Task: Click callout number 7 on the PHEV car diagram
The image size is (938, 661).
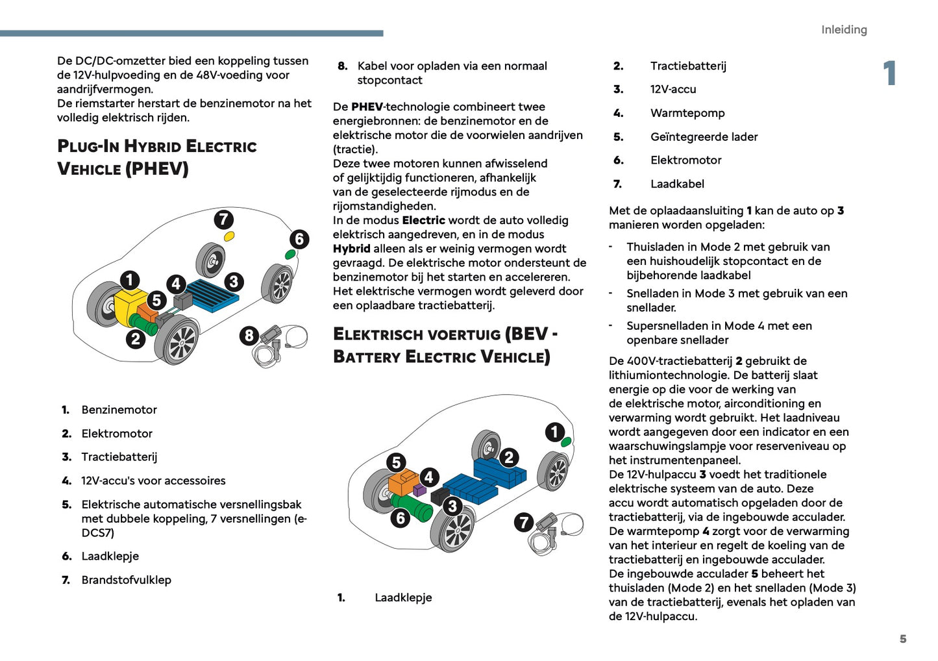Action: point(224,219)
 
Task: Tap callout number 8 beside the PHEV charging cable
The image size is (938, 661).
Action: point(249,336)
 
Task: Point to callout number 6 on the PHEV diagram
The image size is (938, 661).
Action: point(299,239)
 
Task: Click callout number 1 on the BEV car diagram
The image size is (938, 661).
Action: point(554,432)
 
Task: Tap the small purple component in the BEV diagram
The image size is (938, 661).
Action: point(419,490)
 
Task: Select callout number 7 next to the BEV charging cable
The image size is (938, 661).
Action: point(524,522)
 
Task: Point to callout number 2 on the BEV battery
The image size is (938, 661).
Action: point(509,458)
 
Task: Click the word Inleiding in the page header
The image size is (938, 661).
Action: point(843,30)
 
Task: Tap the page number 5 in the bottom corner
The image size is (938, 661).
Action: point(902,639)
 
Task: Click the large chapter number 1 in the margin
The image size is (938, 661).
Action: point(889,73)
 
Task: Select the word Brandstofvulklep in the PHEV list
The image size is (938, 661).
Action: point(126,580)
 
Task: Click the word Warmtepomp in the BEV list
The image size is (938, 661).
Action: point(687,113)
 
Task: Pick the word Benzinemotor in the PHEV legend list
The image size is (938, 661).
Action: point(119,410)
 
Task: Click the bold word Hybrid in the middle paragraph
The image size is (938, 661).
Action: point(351,249)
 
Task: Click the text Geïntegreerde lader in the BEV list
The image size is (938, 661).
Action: point(704,137)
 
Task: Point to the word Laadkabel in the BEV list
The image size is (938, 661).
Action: point(676,184)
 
